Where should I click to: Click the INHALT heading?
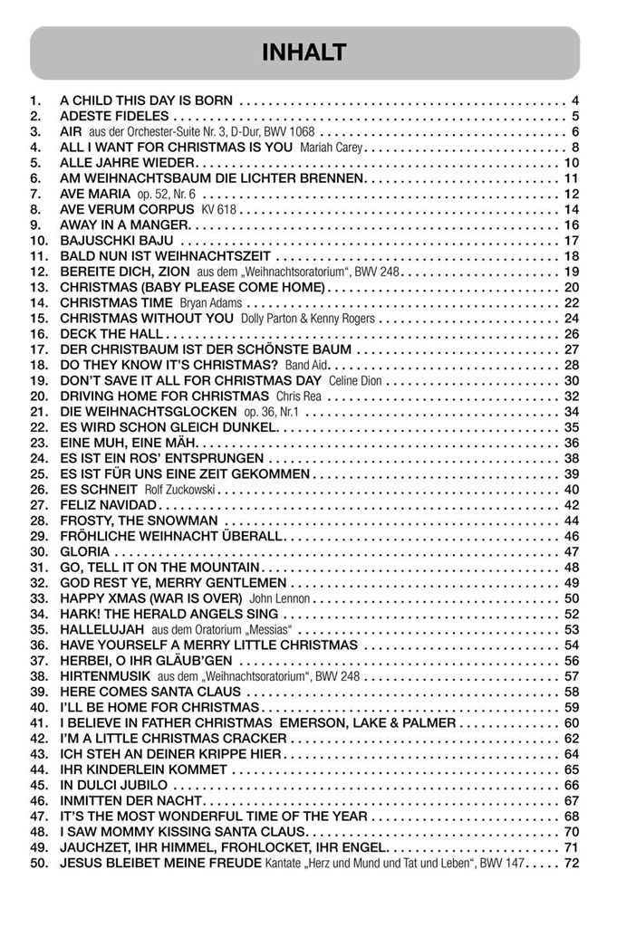304,53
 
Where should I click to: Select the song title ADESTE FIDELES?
114,116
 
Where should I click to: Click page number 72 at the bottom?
571,864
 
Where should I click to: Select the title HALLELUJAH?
102,630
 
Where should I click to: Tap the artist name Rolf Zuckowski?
180,490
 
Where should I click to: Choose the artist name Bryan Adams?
211,303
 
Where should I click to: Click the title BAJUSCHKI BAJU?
117,241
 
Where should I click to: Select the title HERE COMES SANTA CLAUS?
150,693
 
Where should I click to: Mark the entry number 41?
39,723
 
